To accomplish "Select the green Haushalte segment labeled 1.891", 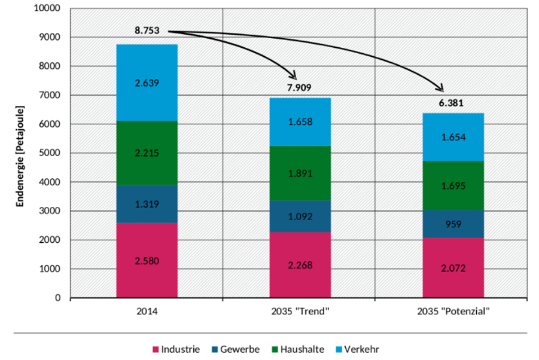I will pyautogui.click(x=300, y=173).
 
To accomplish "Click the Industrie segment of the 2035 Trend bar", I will pyautogui.click(x=300, y=265).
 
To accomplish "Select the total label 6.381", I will pyautogui.click(x=453, y=103).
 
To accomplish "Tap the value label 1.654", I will pyautogui.click(x=453, y=137).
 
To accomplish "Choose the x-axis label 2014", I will pyautogui.click(x=147, y=312).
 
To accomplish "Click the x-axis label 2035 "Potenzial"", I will pyautogui.click(x=453, y=312).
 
